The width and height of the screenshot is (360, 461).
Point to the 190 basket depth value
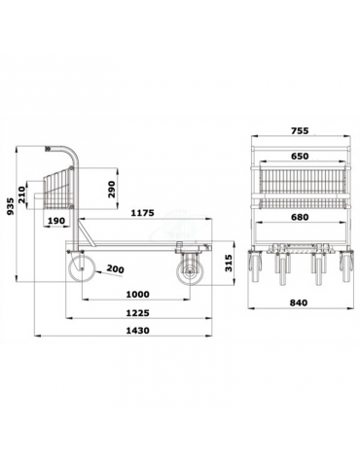[57, 221]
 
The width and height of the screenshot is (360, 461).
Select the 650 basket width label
[299, 157]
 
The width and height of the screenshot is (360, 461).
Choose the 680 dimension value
[298, 219]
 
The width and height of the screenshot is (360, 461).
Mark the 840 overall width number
[299, 302]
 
